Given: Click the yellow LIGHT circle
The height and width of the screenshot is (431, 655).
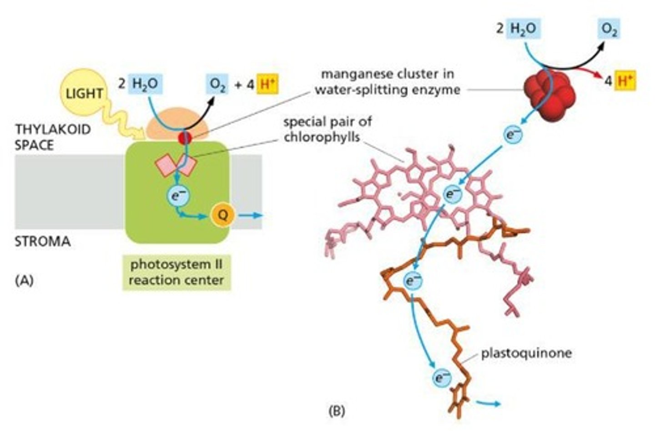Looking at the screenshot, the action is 84,93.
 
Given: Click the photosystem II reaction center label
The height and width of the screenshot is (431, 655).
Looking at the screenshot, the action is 176,272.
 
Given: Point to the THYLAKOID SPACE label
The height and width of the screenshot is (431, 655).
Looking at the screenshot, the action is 53,137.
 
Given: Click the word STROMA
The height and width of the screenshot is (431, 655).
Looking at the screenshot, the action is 43,241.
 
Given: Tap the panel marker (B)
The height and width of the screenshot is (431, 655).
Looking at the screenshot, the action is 337,411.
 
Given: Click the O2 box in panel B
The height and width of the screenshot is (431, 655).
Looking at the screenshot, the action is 609,29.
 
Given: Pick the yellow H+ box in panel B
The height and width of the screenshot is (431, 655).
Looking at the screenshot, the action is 625,81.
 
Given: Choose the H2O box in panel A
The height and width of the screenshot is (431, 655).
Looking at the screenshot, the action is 145,84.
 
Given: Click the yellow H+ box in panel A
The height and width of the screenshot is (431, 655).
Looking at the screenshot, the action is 267,84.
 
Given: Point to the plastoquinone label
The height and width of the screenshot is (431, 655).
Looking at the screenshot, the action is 526,353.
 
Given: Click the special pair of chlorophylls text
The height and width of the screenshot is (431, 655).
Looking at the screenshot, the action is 327,129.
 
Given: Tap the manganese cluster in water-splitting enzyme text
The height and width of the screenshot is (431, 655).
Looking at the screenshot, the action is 387,82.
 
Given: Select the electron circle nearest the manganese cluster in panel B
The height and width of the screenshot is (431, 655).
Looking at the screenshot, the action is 514,135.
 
